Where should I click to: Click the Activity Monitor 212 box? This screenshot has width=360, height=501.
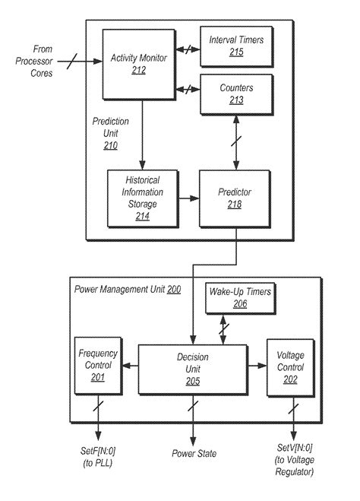point(137,65)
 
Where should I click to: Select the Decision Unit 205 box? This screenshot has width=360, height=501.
point(192,367)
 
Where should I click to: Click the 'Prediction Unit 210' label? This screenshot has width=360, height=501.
point(110,133)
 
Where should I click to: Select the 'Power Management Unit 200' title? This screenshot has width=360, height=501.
point(127,290)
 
